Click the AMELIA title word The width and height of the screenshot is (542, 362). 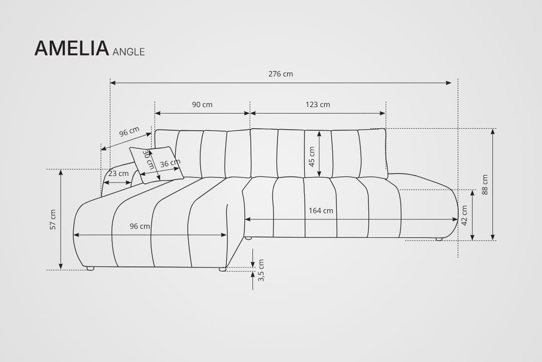coord(72,48)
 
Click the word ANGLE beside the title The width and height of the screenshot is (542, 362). coord(128,52)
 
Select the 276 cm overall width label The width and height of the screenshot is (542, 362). coord(281,74)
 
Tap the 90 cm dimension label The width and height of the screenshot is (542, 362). coord(202,104)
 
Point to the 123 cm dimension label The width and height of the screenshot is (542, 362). coord(318,104)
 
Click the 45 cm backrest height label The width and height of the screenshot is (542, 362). coord(312,156)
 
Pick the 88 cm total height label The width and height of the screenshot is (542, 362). coord(485,185)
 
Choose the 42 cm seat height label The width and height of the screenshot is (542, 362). coord(465,216)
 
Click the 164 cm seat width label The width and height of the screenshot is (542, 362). coord(321,211)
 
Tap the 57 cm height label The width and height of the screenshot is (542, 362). coord(53,219)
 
